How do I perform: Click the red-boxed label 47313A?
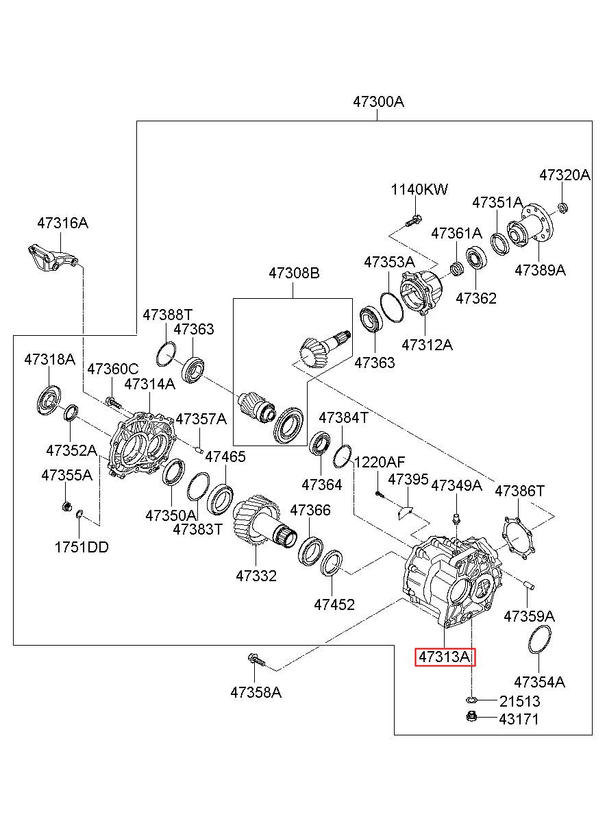[445, 657]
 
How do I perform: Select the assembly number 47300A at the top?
[378, 101]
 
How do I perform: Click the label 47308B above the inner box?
[294, 273]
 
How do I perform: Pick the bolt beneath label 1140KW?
[413, 221]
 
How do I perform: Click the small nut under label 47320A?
[562, 208]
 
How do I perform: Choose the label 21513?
[519, 701]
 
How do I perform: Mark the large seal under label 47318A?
[49, 400]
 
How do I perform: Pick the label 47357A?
[201, 419]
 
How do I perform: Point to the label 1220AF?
[380, 462]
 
